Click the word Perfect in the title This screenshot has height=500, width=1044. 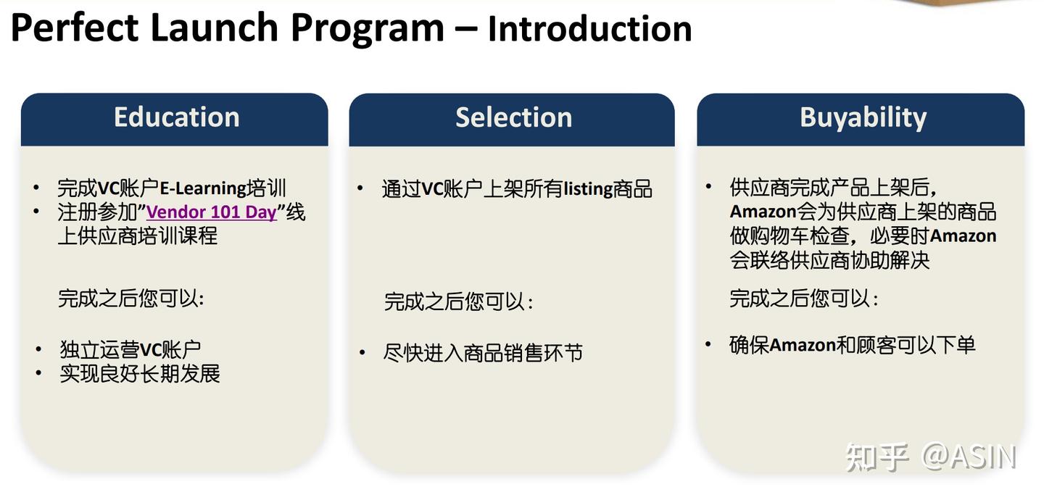(x=75, y=29)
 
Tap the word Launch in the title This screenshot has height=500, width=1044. (x=214, y=29)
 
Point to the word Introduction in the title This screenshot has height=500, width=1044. (x=589, y=30)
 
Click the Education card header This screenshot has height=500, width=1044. (x=176, y=117)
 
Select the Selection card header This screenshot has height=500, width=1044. (x=513, y=117)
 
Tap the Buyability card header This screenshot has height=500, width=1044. (x=863, y=117)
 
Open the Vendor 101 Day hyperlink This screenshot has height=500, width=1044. (x=212, y=212)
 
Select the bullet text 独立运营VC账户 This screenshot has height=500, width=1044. (x=130, y=350)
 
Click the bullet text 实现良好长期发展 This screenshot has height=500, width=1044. (x=140, y=374)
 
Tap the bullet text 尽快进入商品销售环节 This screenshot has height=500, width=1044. (x=483, y=354)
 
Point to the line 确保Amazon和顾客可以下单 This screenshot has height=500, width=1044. (x=852, y=345)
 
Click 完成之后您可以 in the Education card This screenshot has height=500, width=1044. (x=130, y=299)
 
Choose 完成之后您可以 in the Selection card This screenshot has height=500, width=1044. (x=458, y=301)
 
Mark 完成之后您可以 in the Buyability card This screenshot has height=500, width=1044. (x=803, y=299)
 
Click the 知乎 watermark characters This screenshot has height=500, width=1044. (x=877, y=457)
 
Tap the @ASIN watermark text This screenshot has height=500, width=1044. (x=969, y=457)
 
